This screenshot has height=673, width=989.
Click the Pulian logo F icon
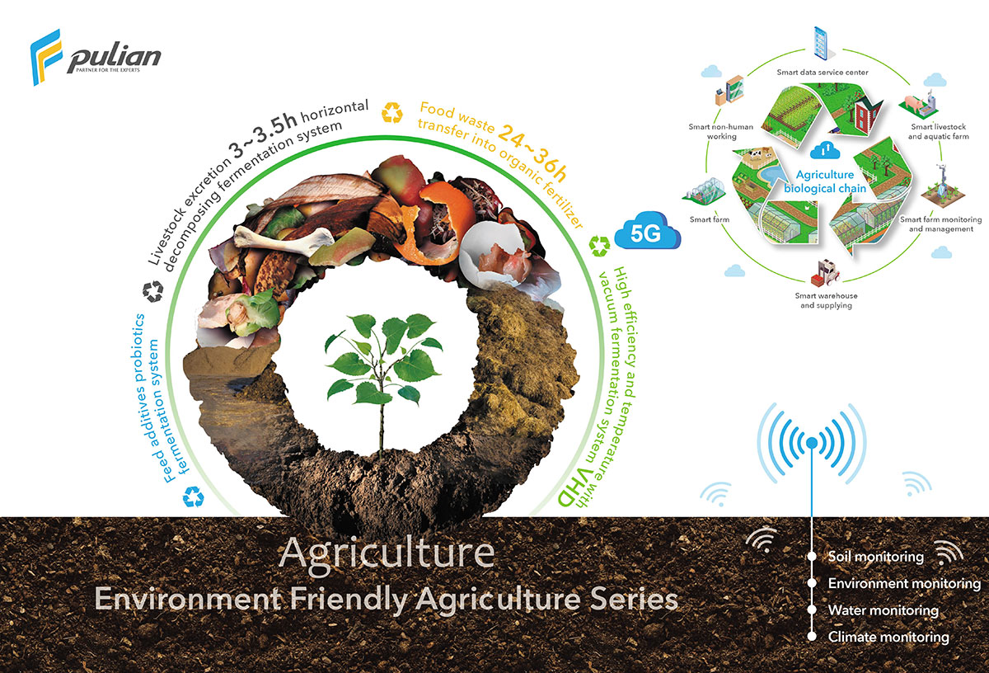46,57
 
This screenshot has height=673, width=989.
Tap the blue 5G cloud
648,231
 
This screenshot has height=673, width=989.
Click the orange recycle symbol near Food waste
392,112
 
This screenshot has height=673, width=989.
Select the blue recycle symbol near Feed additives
194,497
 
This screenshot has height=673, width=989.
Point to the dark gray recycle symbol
153,291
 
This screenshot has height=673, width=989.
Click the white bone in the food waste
283,239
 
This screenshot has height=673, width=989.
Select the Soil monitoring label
875,557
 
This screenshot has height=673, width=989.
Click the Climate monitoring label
888,637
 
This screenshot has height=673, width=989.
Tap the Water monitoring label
883,610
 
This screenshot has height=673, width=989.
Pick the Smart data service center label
823,72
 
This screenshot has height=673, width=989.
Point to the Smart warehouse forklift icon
825,273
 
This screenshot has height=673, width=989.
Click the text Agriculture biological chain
825,181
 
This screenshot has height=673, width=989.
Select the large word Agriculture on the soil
387,553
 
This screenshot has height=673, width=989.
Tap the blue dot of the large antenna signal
812,442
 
